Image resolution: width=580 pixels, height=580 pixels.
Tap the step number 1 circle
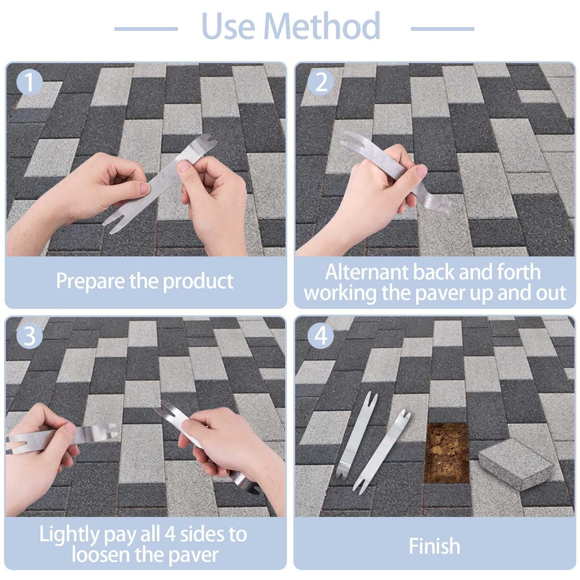tap(29, 83)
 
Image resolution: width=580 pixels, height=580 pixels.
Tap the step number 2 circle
tap(321, 83)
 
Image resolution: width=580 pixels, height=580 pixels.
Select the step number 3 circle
tap(29, 336)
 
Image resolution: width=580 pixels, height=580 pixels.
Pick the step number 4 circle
tap(321, 336)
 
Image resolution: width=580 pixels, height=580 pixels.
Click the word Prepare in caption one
tap(90, 281)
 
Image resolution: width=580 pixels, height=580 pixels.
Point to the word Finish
tap(434, 545)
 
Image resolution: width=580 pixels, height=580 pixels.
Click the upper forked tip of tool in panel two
tap(346, 139)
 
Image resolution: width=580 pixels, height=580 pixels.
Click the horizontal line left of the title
tap(146, 29)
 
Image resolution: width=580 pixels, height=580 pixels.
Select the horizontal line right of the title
tap(442, 29)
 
